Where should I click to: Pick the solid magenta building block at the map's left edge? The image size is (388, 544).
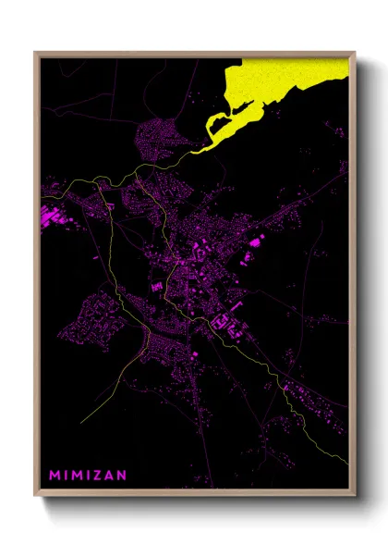coord(44,218)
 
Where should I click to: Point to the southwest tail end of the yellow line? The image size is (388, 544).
coord(80,423)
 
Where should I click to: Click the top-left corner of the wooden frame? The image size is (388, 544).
coord(36,53)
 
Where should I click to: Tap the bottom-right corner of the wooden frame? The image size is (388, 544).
coord(355,497)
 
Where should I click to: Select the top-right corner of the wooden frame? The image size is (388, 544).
coord(355,53)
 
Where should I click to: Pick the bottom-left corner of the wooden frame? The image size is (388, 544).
coord(36,497)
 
